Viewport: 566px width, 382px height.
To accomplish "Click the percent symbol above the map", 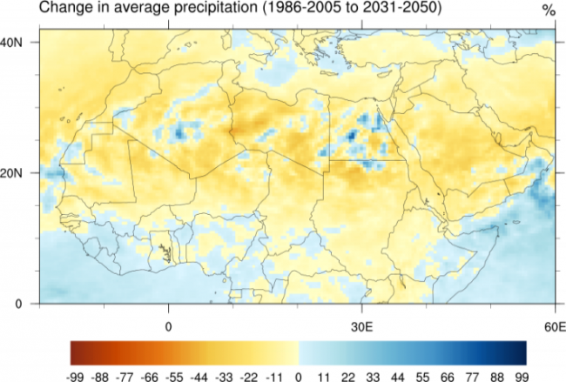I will (x=548, y=11).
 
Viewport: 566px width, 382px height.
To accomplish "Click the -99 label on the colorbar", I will (x=72, y=373).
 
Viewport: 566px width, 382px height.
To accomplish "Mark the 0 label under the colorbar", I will (x=300, y=373).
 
